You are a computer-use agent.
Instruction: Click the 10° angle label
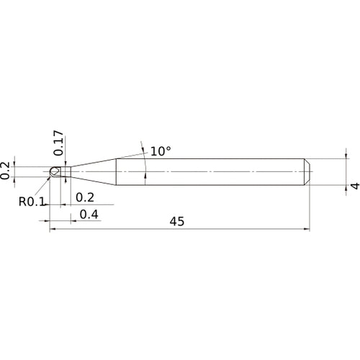pos(161,152)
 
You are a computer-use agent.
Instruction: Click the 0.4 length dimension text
pos(89,214)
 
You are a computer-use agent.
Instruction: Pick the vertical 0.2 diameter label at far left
pos(6,170)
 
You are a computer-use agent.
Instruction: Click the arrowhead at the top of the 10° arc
pos(142,144)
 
